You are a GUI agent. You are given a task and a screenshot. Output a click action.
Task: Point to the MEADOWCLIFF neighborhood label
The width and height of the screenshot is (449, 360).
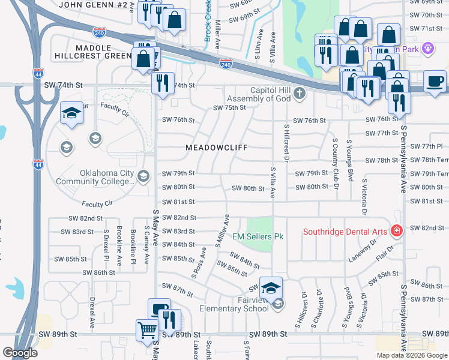[x=216, y=147]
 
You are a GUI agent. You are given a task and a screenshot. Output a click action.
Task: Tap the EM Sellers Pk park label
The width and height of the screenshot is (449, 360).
[x=258, y=236]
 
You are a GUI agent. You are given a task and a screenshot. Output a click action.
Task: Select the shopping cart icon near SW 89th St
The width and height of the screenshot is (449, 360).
[x=147, y=329]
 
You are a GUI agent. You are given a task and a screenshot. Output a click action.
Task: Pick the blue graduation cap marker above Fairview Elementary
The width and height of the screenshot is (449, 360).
[x=271, y=288]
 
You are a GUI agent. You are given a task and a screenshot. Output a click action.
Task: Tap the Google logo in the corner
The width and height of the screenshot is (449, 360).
[x=20, y=353]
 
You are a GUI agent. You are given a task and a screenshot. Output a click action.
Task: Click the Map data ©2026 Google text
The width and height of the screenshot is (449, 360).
[x=412, y=355]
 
